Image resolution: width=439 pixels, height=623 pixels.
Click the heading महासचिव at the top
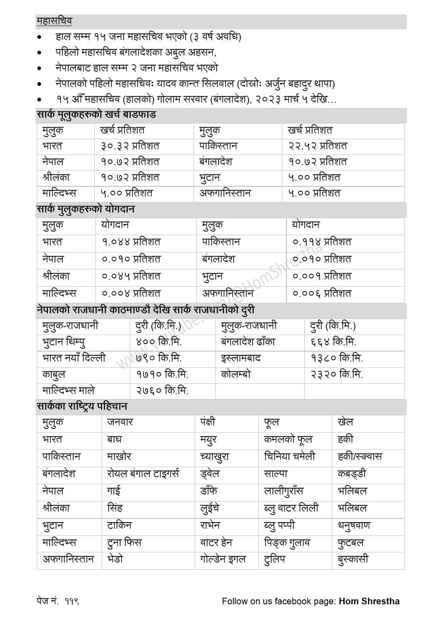click(54, 21)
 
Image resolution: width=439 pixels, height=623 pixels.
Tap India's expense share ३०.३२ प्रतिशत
click(130, 146)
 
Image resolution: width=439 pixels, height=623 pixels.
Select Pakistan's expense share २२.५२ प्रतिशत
click(317, 146)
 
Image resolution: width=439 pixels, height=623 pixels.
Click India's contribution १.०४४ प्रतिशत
click(131, 242)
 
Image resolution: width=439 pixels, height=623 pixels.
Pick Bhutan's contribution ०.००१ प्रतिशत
click(322, 276)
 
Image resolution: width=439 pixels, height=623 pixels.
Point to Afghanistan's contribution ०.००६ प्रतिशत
click(322, 294)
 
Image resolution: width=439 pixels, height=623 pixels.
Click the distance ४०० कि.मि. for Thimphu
click(159, 342)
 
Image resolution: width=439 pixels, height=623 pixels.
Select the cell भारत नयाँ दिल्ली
click(74, 358)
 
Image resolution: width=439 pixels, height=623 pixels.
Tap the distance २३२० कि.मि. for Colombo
click(336, 375)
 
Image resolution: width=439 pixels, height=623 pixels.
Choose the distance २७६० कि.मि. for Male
click(162, 390)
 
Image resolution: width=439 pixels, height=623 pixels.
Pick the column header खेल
click(345, 423)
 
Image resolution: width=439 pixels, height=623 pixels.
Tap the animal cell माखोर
click(119, 457)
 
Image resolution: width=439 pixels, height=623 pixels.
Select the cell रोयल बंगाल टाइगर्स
click(143, 474)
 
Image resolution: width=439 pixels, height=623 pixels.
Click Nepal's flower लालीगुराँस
click(284, 491)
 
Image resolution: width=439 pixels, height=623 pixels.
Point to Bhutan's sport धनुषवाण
click(354, 526)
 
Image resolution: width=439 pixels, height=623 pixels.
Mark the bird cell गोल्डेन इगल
click(223, 560)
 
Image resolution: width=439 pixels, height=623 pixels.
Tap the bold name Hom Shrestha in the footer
click(369, 601)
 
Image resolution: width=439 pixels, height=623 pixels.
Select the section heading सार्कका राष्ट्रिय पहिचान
click(82, 407)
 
